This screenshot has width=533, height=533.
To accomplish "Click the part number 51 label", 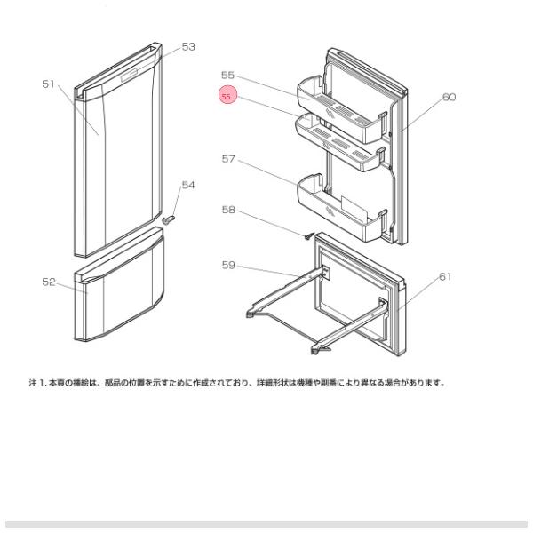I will [48, 84].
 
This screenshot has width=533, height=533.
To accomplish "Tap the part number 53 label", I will [188, 46].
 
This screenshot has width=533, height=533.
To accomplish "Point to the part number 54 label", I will [187, 185].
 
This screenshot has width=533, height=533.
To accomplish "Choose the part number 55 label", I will [228, 76].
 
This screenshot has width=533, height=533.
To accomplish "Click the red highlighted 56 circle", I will [227, 97].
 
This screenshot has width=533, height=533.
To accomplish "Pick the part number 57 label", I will [228, 159].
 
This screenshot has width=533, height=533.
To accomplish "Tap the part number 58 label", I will [228, 211].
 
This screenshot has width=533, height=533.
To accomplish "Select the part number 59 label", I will [228, 264].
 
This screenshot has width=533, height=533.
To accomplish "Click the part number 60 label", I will [449, 97].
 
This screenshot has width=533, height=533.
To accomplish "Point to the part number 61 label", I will [445, 276].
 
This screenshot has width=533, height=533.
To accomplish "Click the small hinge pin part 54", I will [171, 215].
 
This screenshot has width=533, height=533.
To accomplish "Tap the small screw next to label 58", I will [307, 236].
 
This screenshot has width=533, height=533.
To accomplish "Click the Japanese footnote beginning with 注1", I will [235, 384].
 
